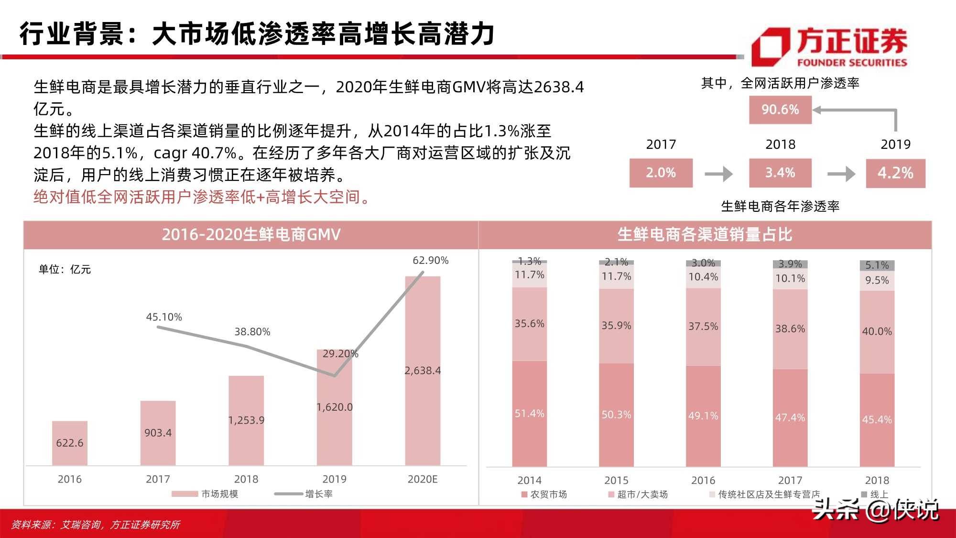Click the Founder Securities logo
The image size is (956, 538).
[x=829, y=46]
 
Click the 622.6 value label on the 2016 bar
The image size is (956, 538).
[x=70, y=443]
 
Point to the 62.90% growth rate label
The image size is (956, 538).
[x=430, y=261]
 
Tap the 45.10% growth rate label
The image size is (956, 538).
[x=164, y=317]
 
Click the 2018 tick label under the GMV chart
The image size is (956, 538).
[x=246, y=479]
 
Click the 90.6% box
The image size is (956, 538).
[x=780, y=110]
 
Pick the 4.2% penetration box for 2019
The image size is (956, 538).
[x=895, y=173]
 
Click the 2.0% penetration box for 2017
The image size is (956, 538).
[x=661, y=173]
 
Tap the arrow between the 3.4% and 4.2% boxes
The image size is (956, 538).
[x=841, y=174]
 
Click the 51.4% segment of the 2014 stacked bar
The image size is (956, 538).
[x=529, y=414]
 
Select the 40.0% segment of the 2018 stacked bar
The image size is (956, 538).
[x=877, y=331]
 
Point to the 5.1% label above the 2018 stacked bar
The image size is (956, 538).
[x=877, y=265]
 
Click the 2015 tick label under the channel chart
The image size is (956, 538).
[x=616, y=480]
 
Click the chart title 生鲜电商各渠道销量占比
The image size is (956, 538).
[x=705, y=235]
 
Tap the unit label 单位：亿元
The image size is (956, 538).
[x=65, y=269]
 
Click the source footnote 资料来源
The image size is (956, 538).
[x=96, y=525]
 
